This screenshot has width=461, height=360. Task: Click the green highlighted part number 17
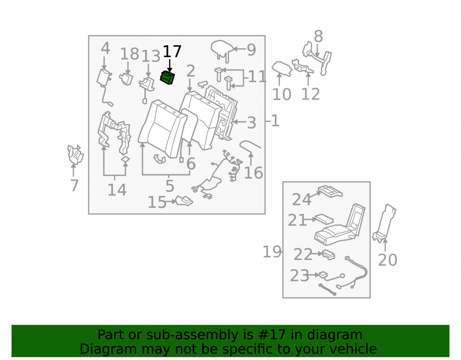(x=167, y=78)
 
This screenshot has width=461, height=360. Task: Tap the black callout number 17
(x=172, y=52)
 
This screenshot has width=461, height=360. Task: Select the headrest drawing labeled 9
(x=222, y=50)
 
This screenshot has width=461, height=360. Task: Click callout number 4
(x=105, y=48)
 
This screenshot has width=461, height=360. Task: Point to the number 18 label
(x=130, y=54)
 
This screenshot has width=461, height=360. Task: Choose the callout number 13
(x=151, y=56)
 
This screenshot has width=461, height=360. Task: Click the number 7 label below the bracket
(x=74, y=185)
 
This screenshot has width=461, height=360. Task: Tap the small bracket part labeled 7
(x=75, y=154)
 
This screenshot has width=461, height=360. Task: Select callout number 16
(x=254, y=173)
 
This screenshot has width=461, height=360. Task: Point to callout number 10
(x=282, y=94)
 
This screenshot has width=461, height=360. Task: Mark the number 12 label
(x=310, y=94)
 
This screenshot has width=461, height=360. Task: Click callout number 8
(x=318, y=37)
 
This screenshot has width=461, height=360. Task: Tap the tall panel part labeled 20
(x=384, y=223)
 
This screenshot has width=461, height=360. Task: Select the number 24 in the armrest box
(x=301, y=200)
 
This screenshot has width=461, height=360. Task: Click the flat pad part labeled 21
(x=324, y=219)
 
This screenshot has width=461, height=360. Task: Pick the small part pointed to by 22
(x=328, y=255)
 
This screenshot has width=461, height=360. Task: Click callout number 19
(x=272, y=252)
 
